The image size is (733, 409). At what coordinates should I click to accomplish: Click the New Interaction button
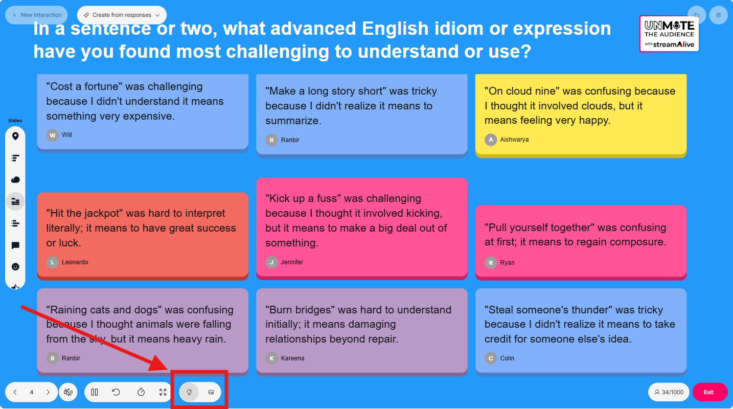[x=36, y=15]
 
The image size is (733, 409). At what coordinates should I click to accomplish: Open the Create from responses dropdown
[x=122, y=15]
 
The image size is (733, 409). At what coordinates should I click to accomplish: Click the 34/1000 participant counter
[x=669, y=392]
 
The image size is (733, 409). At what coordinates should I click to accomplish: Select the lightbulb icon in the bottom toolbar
[x=189, y=392]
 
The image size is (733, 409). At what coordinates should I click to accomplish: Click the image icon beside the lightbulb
[x=211, y=392]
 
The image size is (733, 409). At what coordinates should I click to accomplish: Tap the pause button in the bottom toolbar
[x=95, y=392]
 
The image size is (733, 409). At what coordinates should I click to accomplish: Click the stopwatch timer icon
[x=141, y=392]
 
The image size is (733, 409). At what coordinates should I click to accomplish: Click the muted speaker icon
[x=68, y=392]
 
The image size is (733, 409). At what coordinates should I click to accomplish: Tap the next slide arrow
[x=48, y=392]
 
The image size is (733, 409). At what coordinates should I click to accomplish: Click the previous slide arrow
[x=15, y=392]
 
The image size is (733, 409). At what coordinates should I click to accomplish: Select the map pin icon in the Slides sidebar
[x=15, y=136]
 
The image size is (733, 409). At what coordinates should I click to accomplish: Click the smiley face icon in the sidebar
[x=15, y=267]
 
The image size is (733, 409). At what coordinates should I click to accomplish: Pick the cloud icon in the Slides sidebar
[x=15, y=179]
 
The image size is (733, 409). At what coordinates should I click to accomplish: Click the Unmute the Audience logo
[x=669, y=34]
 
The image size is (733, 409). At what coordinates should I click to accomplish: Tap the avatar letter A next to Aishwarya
[x=491, y=140]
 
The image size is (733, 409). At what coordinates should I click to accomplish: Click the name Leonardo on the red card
[x=75, y=262]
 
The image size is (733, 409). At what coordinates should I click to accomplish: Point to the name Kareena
[x=292, y=358]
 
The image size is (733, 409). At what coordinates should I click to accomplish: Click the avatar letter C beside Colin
[x=491, y=358]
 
